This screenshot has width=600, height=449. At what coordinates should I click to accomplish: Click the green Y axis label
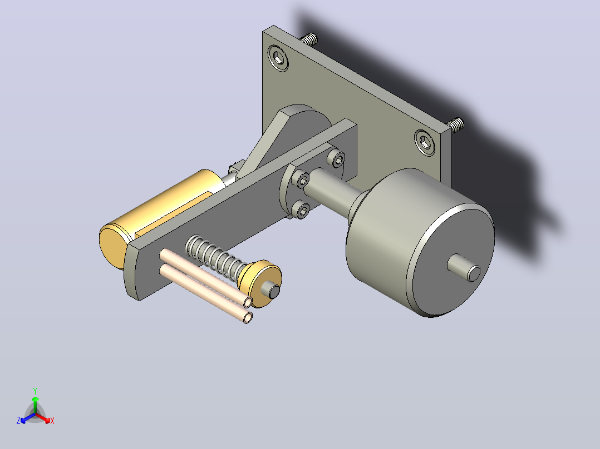click(35, 391)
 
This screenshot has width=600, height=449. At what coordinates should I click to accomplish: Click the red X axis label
click(52, 421)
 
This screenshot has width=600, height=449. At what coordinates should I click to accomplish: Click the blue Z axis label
click(18, 420)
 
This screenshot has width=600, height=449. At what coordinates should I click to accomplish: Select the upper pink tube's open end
click(248, 303)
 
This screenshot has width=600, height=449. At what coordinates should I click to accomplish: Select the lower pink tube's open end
click(248, 317)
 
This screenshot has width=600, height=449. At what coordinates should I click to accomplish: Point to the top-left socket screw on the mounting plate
click(278, 58)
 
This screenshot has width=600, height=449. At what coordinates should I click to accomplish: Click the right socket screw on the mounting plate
click(425, 142)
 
